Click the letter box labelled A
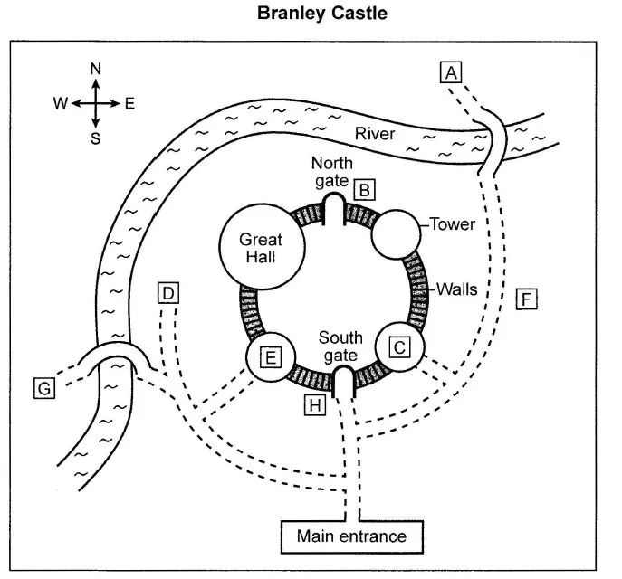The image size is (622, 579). (451, 71)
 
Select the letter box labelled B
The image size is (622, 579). (364, 190)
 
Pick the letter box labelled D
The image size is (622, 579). (168, 293)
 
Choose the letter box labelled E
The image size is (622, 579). (270, 357)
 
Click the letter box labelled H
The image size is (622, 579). (313, 405)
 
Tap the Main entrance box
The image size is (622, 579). (351, 536)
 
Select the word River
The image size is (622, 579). (375, 134)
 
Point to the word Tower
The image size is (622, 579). (452, 223)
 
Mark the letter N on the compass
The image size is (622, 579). (97, 69)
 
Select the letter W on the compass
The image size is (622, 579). (60, 103)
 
